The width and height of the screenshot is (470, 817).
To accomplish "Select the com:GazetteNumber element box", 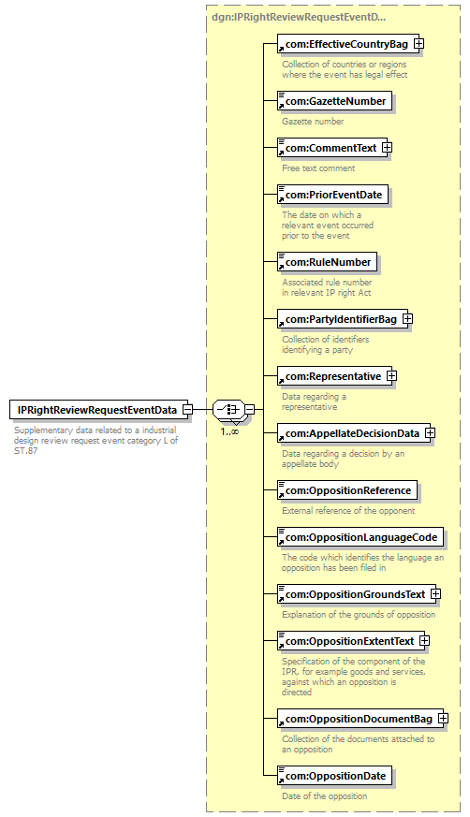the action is [334, 101].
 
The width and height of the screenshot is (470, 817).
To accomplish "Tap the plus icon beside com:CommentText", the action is [387, 148].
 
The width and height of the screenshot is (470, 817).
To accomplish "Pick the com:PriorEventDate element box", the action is [332, 195].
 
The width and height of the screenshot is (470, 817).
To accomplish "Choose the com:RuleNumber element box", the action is [327, 262].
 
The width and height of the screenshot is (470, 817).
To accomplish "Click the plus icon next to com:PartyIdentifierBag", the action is [407, 319].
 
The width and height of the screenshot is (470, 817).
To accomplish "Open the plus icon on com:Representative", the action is [392, 376].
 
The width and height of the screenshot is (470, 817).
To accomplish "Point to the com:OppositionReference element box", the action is [347, 490].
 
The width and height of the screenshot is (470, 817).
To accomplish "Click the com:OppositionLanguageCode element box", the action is [360, 537].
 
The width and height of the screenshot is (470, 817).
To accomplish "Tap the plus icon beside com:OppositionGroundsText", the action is [435, 594].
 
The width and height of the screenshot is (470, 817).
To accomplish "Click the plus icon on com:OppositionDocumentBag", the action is [443, 719].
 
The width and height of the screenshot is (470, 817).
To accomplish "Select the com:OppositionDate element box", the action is [334, 776].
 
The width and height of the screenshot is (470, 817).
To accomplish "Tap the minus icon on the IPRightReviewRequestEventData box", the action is [187, 410].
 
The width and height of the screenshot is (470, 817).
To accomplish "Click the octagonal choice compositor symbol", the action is [228, 410].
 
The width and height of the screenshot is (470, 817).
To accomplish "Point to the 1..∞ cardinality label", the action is [229, 431].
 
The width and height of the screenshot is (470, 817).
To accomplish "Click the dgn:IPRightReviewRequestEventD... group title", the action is [299, 17].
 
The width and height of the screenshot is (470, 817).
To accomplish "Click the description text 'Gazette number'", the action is [313, 122].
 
